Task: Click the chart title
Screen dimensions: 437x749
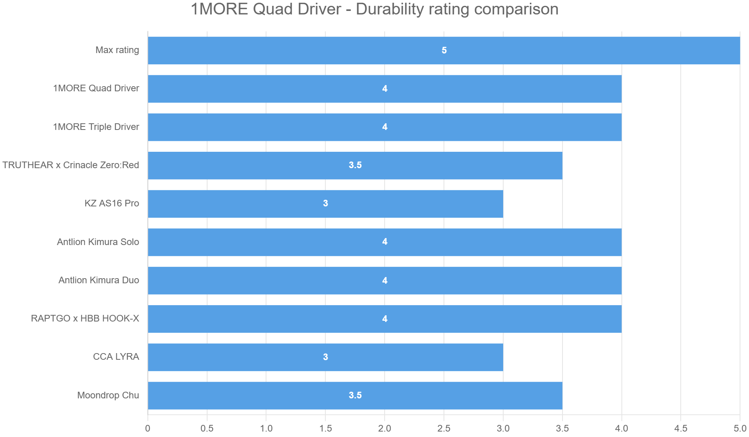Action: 374,9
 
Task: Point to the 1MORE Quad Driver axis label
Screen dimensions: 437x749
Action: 96,88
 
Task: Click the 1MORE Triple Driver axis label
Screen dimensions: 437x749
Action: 96,127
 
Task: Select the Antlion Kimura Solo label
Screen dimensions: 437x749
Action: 98,242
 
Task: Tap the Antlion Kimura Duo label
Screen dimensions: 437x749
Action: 99,280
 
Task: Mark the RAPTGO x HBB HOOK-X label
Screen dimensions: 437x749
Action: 85,318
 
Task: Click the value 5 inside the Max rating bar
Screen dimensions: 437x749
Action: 444,50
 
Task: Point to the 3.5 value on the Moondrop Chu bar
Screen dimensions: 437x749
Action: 355,395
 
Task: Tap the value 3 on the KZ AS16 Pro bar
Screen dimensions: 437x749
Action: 325,203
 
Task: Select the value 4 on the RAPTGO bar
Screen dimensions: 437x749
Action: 385,319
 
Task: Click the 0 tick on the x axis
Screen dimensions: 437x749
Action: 147,428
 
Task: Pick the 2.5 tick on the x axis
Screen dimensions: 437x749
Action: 444,428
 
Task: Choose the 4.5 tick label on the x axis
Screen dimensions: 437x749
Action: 681,428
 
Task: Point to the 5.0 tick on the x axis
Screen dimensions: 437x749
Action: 740,428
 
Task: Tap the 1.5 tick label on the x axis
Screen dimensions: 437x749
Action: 325,428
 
